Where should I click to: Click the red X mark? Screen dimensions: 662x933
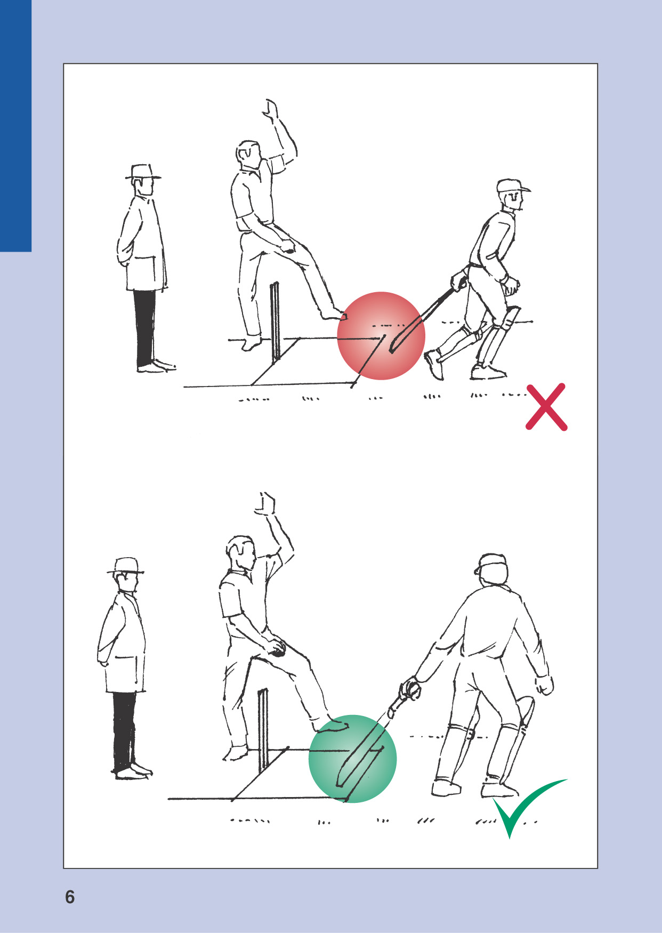coord(546,406)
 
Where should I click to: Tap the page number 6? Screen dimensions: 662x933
coord(70,897)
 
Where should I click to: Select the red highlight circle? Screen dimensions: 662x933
coord(381,336)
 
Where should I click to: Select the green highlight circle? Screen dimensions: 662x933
coord(353,759)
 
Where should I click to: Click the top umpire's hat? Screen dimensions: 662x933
coord(143,172)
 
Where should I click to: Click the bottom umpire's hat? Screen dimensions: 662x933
coord(126,566)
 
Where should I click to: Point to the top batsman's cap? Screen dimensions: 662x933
coord(512,186)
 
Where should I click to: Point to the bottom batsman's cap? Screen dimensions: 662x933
coord(491,564)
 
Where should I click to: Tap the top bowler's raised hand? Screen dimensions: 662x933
coord(271,108)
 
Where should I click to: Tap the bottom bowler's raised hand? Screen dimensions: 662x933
coord(265,504)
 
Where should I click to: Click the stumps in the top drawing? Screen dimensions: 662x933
coord(275,323)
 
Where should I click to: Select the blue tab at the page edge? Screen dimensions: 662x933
coord(16,126)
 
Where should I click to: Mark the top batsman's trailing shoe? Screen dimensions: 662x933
coord(434,364)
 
